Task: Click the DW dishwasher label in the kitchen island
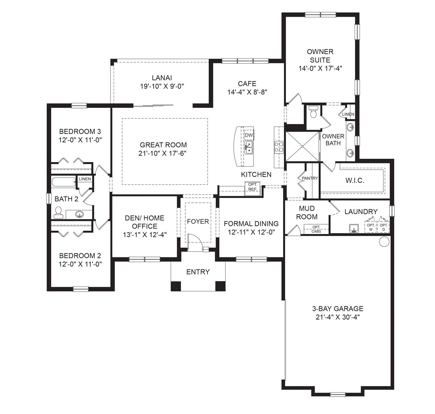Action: click(x=249, y=135)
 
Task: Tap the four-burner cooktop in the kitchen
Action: click(x=279, y=147)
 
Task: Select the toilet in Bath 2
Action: click(x=58, y=213)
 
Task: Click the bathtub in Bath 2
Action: click(x=64, y=182)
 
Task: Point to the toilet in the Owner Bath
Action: click(x=313, y=112)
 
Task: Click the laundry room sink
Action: click(x=354, y=228)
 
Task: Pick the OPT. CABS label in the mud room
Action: click(x=316, y=229)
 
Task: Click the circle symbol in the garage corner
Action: click(x=384, y=242)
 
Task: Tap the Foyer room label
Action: click(x=198, y=221)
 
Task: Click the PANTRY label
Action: click(x=310, y=178)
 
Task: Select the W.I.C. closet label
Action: click(x=355, y=180)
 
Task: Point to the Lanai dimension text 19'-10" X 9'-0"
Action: click(x=162, y=86)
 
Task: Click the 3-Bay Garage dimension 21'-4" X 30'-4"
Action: click(x=338, y=317)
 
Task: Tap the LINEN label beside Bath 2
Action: click(x=85, y=179)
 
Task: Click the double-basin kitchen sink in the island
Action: click(x=249, y=148)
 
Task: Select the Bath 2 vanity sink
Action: click(x=79, y=214)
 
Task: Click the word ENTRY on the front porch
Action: click(x=198, y=272)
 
